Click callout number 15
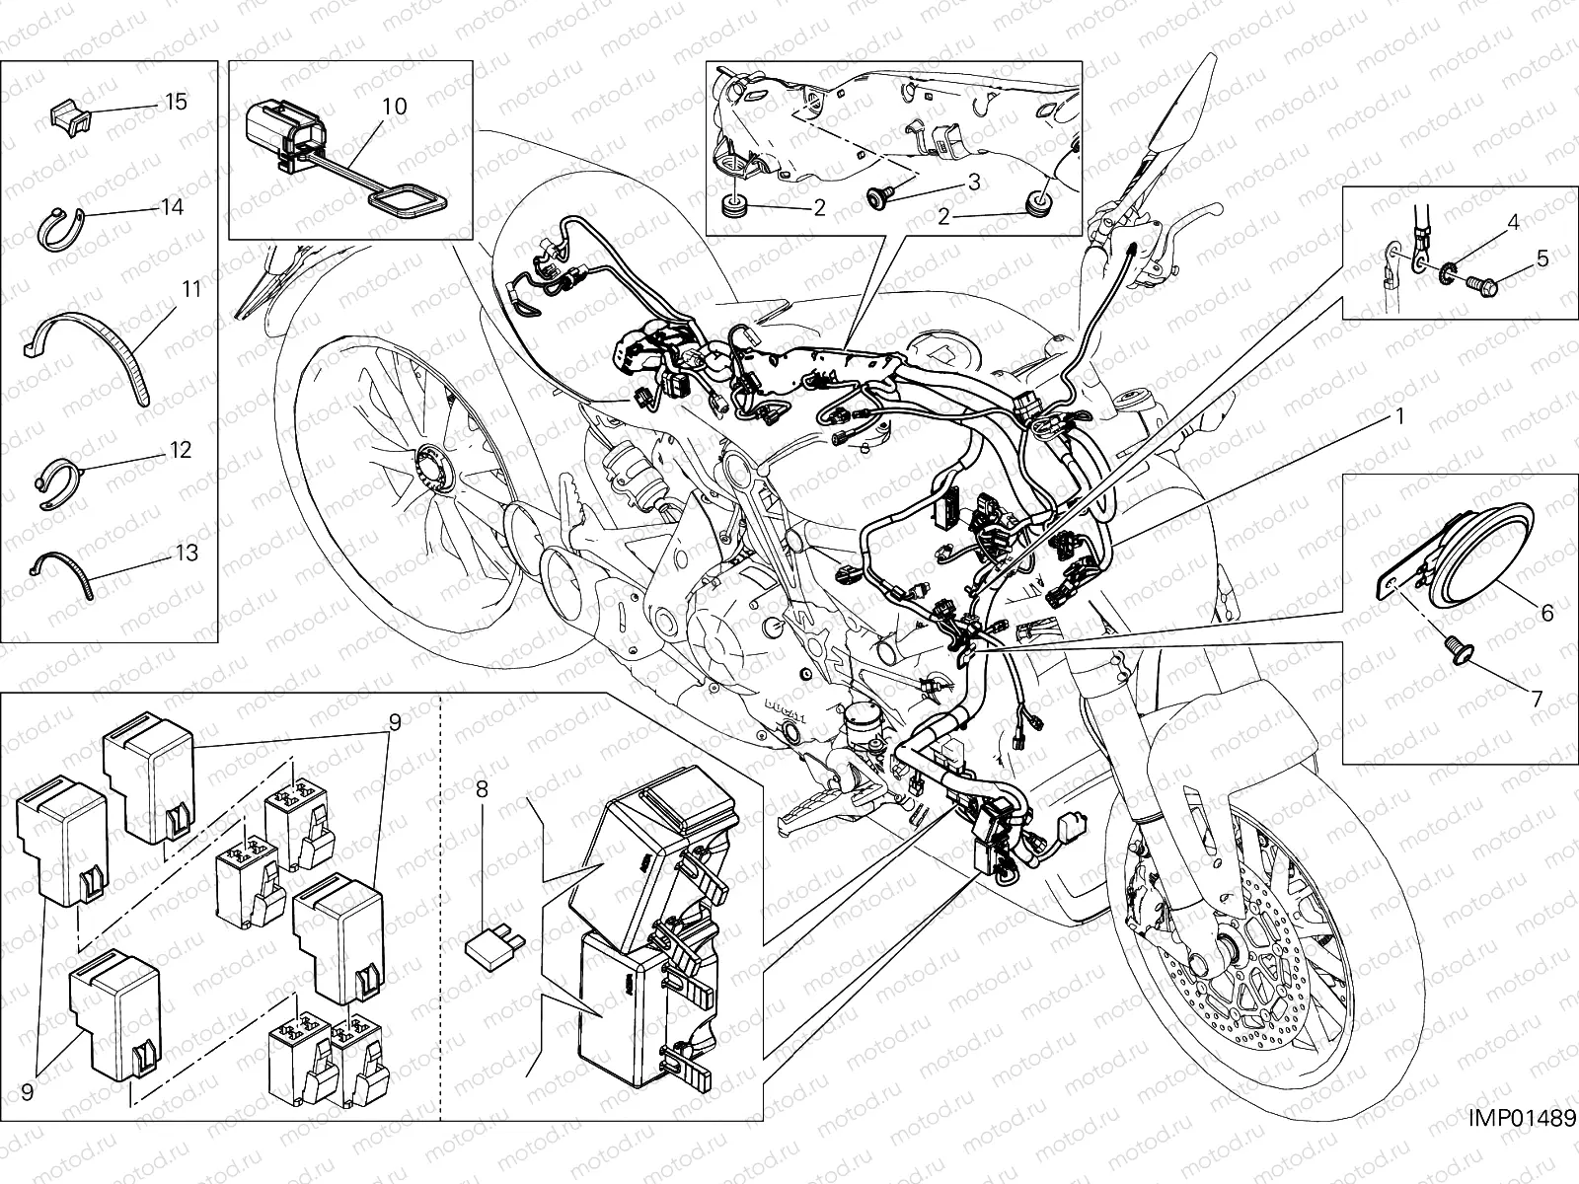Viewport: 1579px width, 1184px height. (176, 102)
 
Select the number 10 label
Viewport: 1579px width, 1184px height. (394, 107)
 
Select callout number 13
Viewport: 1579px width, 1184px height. (187, 553)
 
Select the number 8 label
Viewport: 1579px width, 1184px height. (482, 788)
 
